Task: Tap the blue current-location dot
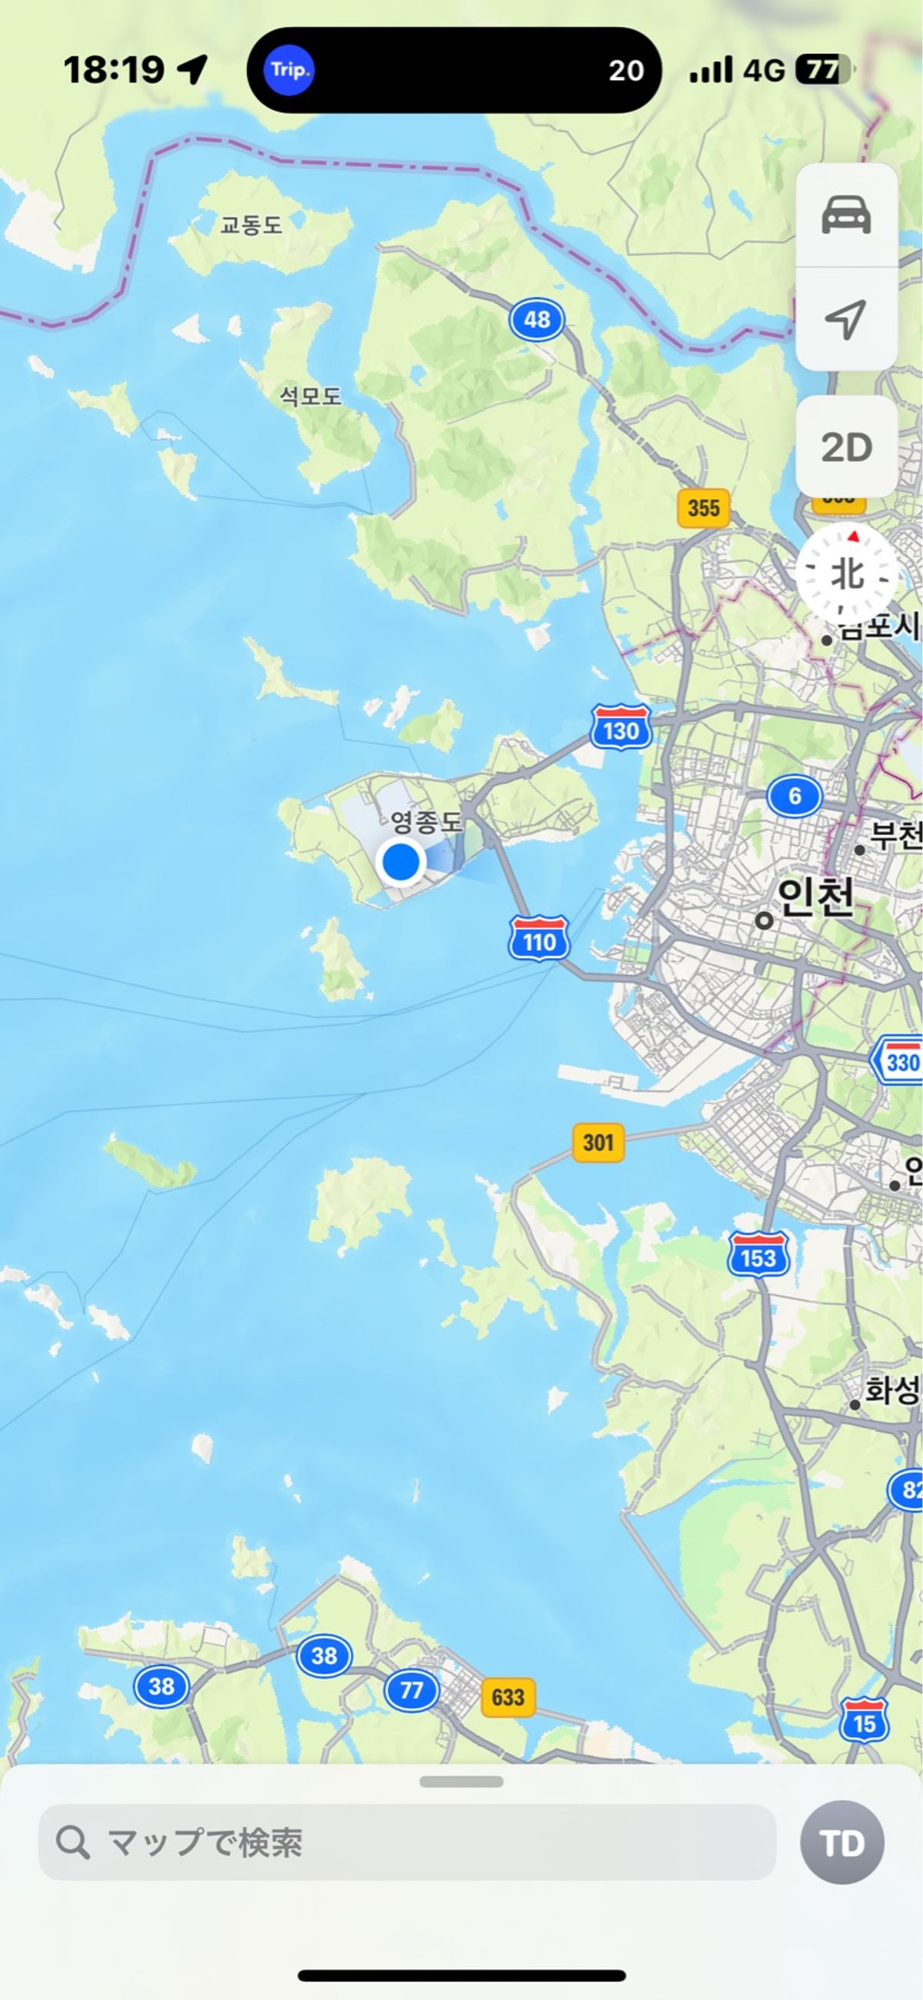(x=401, y=861)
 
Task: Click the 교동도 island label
(x=251, y=225)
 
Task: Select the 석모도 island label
(x=311, y=396)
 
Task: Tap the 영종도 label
(x=425, y=821)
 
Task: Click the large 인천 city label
(x=815, y=897)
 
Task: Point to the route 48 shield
(x=536, y=319)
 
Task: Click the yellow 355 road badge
(x=703, y=508)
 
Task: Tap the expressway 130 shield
(x=620, y=728)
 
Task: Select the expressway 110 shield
(x=539, y=940)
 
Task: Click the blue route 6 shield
(x=794, y=796)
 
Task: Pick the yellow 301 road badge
(x=598, y=1142)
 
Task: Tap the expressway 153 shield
(x=758, y=1254)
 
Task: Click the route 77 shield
(x=411, y=1690)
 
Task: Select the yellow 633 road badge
(x=508, y=1697)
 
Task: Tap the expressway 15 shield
(x=864, y=1721)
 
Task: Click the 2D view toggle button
(x=846, y=447)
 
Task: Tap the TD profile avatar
(x=841, y=1842)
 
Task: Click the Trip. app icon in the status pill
(x=288, y=70)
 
